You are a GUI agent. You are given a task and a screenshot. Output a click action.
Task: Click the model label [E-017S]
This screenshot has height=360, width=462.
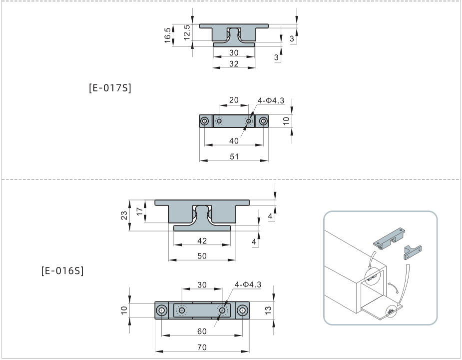point(109,88)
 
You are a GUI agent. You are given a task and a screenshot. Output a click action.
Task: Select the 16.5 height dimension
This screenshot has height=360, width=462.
point(169,35)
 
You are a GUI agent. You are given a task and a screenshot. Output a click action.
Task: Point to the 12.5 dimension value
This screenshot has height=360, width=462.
point(186,32)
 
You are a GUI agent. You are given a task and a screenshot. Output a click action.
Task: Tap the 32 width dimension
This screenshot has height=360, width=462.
point(234,63)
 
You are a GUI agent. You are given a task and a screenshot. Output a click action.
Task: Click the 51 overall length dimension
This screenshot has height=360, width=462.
point(234,156)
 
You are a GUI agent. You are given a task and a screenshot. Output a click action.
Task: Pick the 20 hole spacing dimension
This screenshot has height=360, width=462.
point(234,100)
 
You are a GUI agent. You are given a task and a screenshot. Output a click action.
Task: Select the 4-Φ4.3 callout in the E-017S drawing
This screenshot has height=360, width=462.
point(271,100)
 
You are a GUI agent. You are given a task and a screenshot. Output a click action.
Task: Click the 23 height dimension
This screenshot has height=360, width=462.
point(124,215)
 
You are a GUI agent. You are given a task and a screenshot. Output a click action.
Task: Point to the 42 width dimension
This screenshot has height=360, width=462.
point(202,240)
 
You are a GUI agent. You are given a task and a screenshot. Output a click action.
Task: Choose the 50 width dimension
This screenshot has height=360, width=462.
point(202,255)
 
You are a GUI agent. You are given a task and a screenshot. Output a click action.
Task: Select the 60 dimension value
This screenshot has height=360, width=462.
point(202,330)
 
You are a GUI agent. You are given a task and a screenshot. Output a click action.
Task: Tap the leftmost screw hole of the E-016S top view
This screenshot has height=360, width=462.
point(162,310)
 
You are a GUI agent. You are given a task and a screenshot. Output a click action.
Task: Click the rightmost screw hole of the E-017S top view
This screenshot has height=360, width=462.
point(264,121)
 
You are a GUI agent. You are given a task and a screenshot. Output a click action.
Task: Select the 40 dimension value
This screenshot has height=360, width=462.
point(234,141)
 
